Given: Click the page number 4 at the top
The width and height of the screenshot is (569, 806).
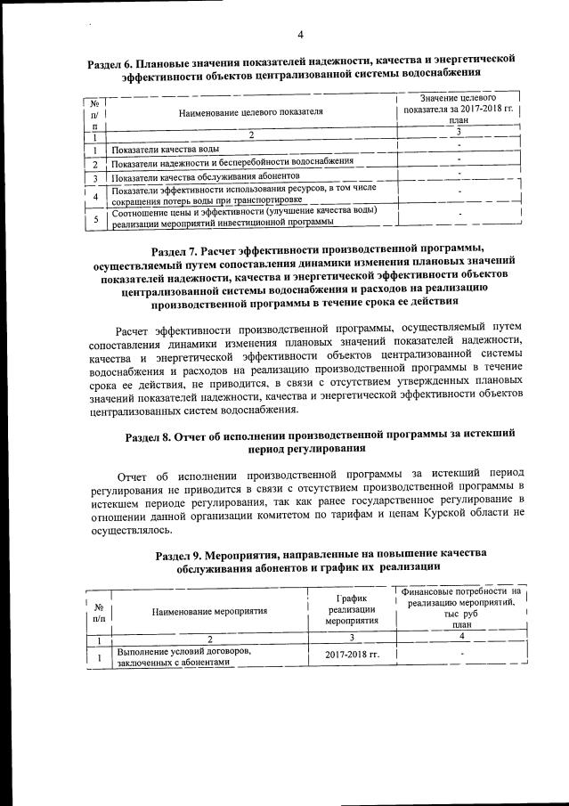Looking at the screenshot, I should point(300,35).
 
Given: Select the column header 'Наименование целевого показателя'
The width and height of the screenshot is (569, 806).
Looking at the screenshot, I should point(250,112).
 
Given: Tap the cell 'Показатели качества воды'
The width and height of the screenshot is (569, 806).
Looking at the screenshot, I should point(166,149).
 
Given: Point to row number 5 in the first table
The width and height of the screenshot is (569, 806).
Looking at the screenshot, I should point(93,218).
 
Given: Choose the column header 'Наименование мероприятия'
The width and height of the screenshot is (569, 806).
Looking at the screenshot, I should point(209,613).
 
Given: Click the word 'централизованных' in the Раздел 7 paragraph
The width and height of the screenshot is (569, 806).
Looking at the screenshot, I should point(136,410).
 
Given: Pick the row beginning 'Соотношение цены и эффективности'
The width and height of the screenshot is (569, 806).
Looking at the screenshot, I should point(244,217).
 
